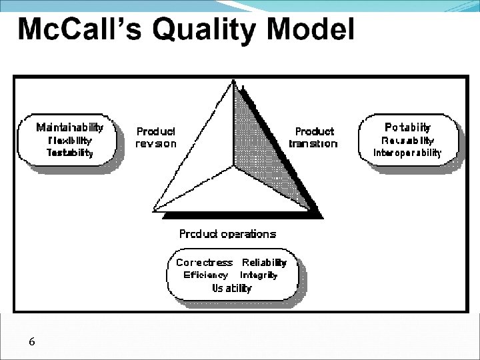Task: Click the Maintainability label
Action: pos(70,127)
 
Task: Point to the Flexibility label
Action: pos(70,140)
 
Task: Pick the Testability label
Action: pos(70,153)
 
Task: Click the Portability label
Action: pos(408,127)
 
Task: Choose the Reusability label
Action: pos(408,140)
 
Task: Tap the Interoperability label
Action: pos(408,153)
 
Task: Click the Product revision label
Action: pos(156,137)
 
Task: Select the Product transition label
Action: pos(313,137)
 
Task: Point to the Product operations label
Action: pos(227,234)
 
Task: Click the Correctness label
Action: pos(204,263)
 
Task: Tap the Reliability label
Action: pos(264,263)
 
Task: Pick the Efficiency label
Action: pos(205,275)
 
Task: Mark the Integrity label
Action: pos(259,275)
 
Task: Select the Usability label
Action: pos(232,288)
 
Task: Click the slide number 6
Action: pos(32,341)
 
